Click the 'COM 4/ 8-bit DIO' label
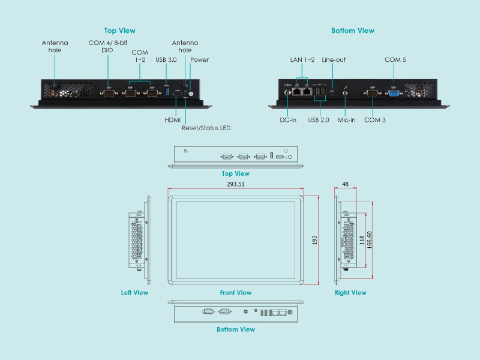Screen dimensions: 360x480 [109, 47]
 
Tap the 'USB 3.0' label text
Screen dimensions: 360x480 [166, 59]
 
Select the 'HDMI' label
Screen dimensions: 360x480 [173, 120]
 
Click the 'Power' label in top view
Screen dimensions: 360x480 [199, 59]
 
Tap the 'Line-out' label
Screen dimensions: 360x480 [334, 59]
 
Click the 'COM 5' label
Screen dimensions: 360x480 [395, 59]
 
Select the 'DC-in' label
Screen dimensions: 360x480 [288, 120]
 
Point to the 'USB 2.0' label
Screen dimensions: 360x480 [319, 120]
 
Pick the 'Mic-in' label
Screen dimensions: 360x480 [346, 120]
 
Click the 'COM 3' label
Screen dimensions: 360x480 [375, 120]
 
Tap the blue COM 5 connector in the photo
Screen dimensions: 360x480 [394, 92]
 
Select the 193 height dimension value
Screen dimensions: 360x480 [315, 240]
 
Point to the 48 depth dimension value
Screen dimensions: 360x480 [346, 185]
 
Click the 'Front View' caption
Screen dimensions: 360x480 [236, 293]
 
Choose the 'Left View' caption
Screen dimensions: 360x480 [134, 293]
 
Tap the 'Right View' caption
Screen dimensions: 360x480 [350, 293]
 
